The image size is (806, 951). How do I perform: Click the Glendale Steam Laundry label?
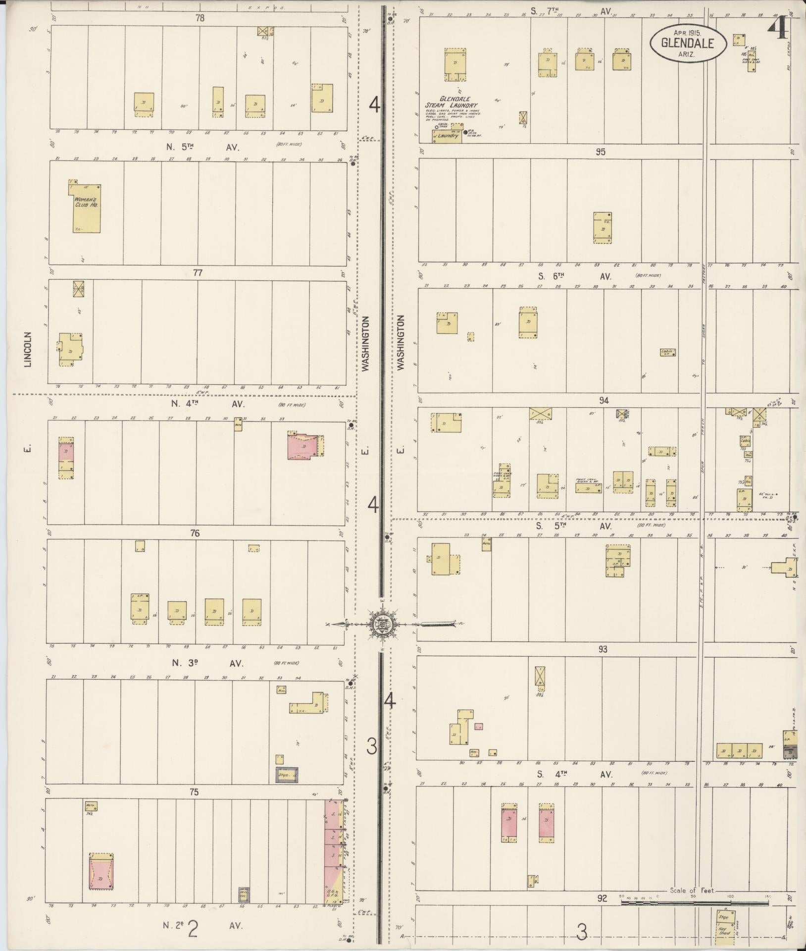coord(451,102)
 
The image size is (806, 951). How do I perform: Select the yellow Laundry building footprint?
coord(447,136)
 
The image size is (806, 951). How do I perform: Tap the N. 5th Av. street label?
coord(205,147)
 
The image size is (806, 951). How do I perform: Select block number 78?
coord(200,18)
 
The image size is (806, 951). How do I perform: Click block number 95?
coord(601,152)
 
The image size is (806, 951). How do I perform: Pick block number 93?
coord(602,649)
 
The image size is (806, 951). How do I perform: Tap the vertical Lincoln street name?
coord(28,349)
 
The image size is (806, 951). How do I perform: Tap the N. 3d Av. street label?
coord(204,663)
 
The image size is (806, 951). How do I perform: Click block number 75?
coord(194,792)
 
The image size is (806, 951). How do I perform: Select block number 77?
coord(198,272)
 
